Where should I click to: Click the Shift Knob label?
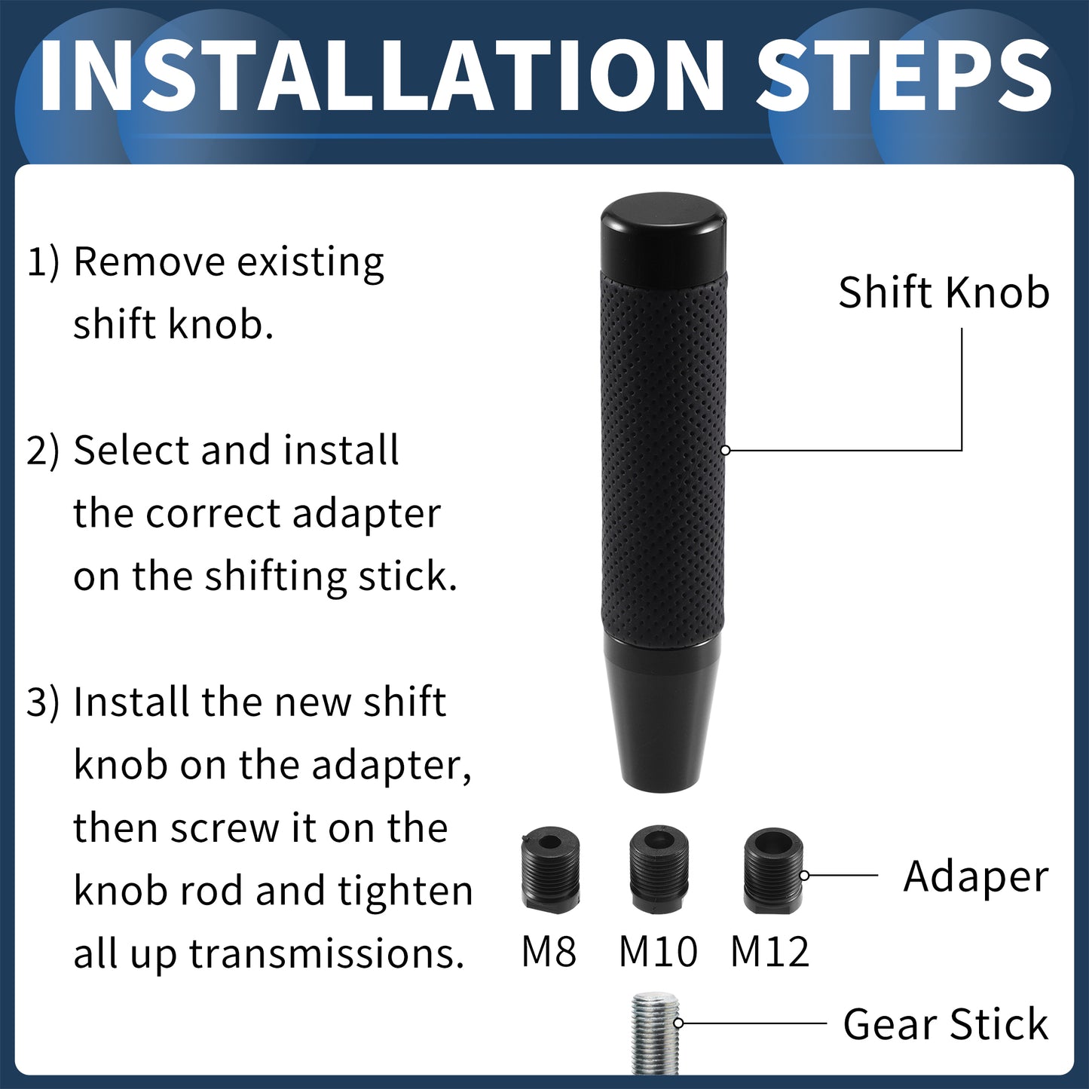(x=944, y=292)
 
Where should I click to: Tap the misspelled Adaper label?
(x=976, y=877)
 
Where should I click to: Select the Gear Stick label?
(x=946, y=1023)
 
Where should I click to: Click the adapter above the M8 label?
(x=550, y=869)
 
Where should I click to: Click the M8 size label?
(x=549, y=952)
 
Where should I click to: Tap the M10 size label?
(x=659, y=952)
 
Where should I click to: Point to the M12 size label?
(x=770, y=952)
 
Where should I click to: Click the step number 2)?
(x=43, y=451)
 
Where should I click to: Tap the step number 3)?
(x=43, y=702)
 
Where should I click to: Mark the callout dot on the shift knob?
(x=727, y=450)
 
